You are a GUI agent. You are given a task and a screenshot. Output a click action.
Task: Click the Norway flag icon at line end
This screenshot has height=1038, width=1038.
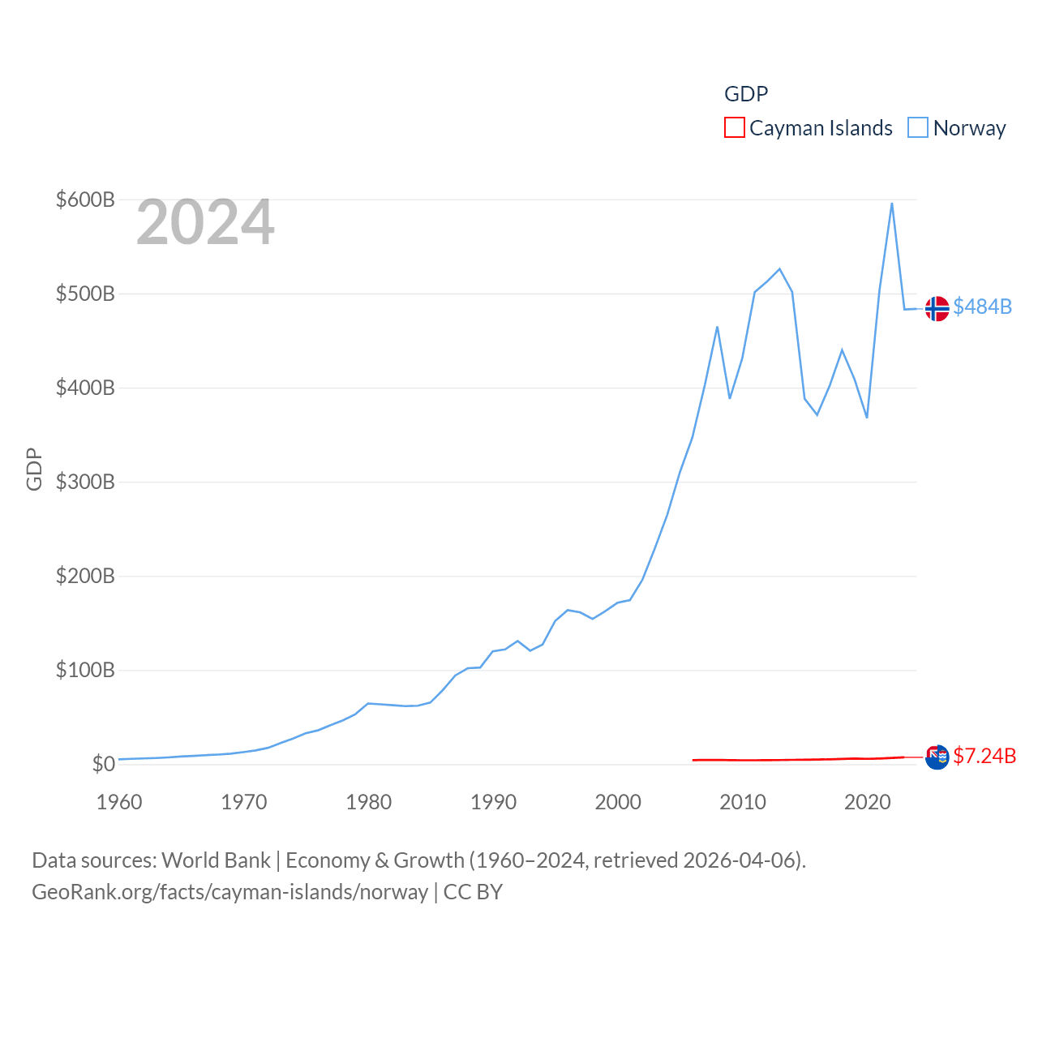(937, 308)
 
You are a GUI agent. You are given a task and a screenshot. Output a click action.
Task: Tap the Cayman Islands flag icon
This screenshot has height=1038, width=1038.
(937, 757)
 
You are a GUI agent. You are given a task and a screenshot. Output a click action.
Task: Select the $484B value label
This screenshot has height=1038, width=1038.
(982, 307)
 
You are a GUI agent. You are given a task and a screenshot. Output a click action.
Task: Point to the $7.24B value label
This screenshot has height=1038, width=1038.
(984, 756)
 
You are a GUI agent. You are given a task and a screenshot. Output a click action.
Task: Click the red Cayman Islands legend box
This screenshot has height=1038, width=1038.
(734, 128)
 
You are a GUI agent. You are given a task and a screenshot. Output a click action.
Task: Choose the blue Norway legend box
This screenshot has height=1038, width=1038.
(917, 128)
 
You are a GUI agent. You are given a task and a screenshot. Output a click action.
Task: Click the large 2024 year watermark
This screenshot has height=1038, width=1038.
(205, 222)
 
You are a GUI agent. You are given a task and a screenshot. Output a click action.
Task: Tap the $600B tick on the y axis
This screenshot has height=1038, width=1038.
(85, 199)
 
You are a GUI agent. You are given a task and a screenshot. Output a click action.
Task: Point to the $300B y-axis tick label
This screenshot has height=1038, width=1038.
(85, 482)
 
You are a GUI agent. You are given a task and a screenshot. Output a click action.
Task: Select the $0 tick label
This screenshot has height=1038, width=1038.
(103, 764)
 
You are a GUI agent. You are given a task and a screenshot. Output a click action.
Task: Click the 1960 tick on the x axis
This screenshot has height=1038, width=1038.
(119, 802)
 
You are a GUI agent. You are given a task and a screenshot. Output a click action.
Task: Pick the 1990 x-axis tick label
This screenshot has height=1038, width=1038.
(493, 802)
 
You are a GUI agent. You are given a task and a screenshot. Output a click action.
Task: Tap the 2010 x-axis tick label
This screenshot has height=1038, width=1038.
(743, 802)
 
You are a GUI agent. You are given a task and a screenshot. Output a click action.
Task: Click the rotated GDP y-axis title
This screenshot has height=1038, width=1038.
(34, 469)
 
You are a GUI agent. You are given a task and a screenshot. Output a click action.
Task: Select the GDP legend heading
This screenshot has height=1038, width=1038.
(745, 94)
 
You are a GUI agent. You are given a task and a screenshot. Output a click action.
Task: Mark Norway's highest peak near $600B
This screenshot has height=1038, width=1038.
(892, 204)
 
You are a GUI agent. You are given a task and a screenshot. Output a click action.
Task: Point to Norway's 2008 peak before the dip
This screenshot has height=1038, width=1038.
(717, 327)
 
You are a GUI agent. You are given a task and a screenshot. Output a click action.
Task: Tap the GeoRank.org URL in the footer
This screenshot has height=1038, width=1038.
(229, 892)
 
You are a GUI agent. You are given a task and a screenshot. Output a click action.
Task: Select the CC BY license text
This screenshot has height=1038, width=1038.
(473, 892)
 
